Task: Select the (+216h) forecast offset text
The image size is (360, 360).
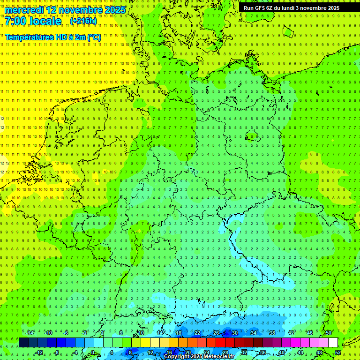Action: [83, 21]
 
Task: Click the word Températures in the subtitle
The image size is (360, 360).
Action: [29, 37]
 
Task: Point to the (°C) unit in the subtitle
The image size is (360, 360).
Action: [94, 37]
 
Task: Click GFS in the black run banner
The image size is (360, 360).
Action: [262, 8]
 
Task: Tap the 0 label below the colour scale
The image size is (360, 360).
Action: [93, 352]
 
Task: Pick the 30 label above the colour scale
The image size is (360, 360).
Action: [234, 333]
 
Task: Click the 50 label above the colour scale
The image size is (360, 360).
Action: [328, 333]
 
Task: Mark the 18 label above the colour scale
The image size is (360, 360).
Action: [178, 333]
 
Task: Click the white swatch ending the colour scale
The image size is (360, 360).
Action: [333, 342]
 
